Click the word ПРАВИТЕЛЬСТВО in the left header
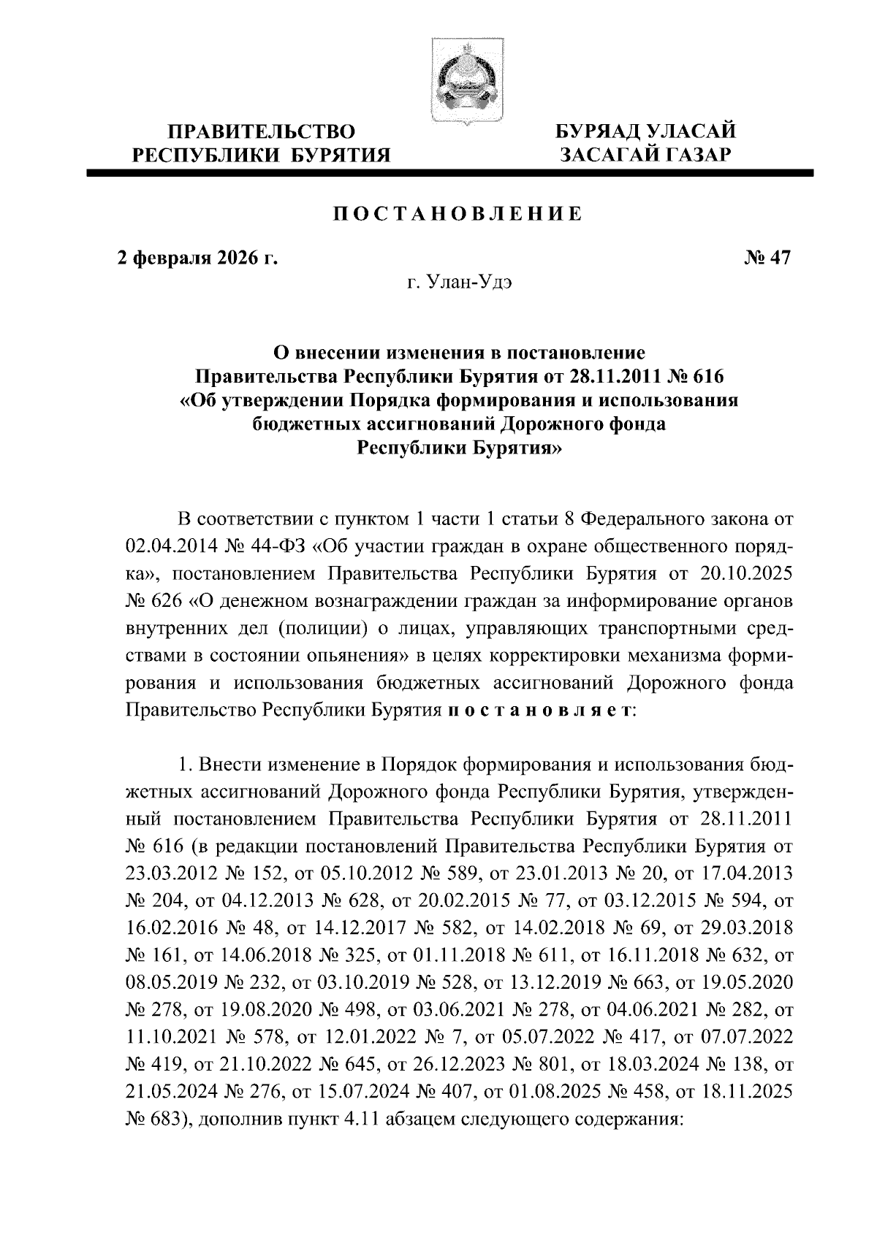tap(262, 132)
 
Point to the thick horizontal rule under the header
tap(449, 173)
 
